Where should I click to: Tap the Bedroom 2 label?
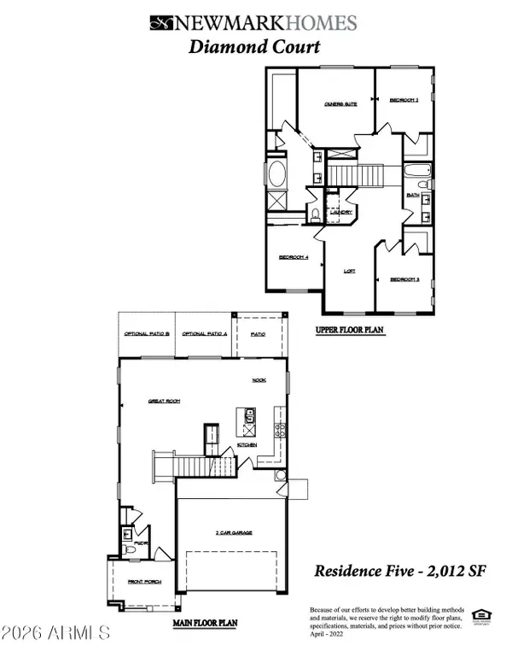pos(404,101)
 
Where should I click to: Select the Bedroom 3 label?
pos(404,279)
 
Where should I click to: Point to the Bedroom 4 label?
pos(294,257)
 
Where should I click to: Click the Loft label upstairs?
pos(348,271)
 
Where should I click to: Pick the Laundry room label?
pos(341,212)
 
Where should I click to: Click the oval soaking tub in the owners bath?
pos(277,176)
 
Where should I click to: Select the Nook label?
pos(259,381)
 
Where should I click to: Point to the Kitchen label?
pos(247,445)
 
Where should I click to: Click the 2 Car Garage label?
pos(233,531)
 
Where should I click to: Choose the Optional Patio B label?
pos(146,334)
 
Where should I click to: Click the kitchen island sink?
pos(249,416)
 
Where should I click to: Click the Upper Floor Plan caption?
pos(350,326)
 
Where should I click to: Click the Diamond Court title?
pos(254,47)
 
